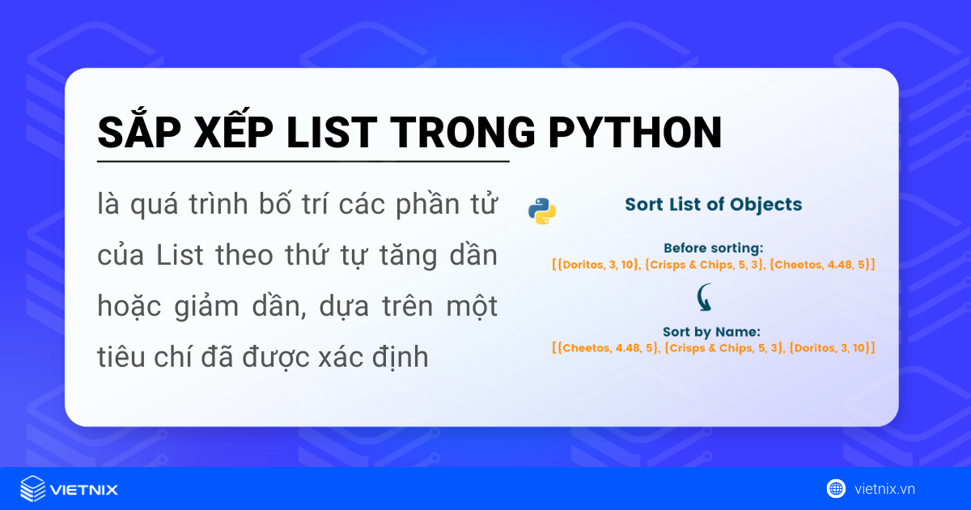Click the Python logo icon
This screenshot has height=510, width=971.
point(542,210)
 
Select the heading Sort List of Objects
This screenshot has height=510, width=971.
point(713,204)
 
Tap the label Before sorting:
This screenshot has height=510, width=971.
point(713,248)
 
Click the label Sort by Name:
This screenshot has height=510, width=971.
point(713,331)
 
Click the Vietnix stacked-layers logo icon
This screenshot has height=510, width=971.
point(33,489)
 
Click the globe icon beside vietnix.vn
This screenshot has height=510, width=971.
point(836,489)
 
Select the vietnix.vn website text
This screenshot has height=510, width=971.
point(884,489)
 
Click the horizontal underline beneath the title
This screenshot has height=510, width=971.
point(303,162)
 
